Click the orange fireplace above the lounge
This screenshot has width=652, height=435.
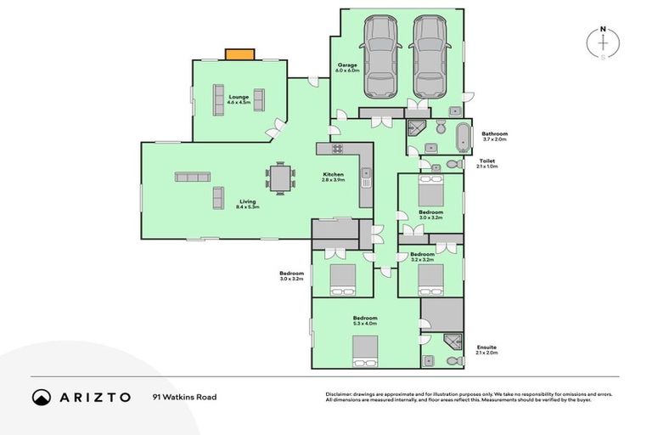click(x=239, y=54)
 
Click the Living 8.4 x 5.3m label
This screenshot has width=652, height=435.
click(x=248, y=204)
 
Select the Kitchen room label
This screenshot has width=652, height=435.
click(x=333, y=178)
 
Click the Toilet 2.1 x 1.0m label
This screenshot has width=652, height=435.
click(x=487, y=163)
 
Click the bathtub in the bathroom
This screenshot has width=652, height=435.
click(x=464, y=136)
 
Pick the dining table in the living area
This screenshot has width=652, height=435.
click(x=281, y=178)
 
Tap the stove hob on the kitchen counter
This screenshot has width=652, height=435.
click(x=335, y=149)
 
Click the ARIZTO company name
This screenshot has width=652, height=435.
click(x=93, y=397)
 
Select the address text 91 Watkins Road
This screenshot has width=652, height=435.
click(x=183, y=397)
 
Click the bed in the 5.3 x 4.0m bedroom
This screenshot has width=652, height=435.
click(x=366, y=348)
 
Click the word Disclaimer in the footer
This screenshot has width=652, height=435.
click(x=340, y=394)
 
